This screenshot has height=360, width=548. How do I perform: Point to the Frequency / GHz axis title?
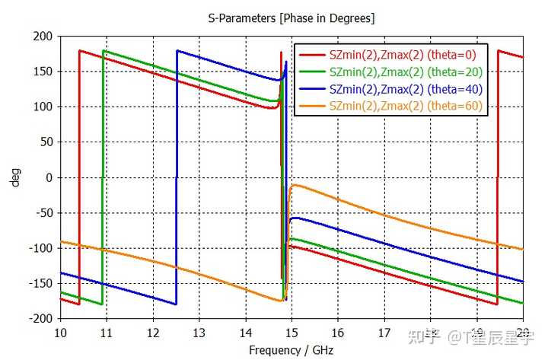(292, 350)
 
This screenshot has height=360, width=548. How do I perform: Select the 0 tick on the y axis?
(49, 177)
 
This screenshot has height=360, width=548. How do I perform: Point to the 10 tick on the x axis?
(60, 333)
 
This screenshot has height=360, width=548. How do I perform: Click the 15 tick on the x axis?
(292, 333)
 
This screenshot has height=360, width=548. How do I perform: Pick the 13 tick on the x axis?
(199, 333)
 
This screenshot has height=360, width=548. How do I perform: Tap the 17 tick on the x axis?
(384, 333)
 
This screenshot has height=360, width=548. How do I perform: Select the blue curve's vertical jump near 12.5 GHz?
(177, 177)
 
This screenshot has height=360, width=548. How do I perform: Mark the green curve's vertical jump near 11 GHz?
(103, 177)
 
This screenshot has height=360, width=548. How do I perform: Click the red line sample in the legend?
(312, 55)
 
